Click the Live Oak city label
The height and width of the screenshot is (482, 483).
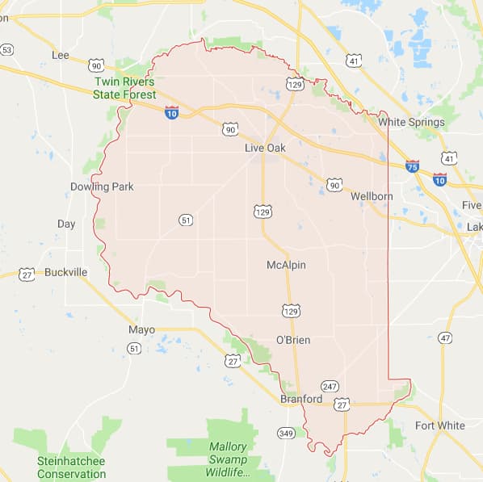coord(265,148)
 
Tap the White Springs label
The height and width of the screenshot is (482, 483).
coord(411,122)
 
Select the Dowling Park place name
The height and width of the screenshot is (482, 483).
coord(101,187)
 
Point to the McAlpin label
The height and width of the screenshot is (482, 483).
coord(286,265)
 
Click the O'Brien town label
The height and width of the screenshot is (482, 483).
coord(292,340)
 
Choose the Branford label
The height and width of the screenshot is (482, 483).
coord(300,399)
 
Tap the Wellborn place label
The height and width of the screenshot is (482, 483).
coord(372,196)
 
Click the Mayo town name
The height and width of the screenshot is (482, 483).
coord(141,329)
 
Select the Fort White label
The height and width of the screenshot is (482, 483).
coord(439,425)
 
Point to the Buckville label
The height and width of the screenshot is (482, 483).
coord(65,272)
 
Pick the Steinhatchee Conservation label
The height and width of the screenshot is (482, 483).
coord(71,467)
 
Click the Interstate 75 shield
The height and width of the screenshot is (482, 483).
coord(412,166)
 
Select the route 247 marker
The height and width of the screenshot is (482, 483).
coord(329,386)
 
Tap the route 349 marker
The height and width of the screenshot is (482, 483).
coord(285,434)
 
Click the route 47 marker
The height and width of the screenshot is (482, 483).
coord(445,337)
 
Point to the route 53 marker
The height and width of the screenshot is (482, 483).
coord(6,50)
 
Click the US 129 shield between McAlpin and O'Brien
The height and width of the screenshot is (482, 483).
coord(292,311)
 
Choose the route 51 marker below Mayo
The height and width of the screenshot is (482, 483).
coord(133,348)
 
